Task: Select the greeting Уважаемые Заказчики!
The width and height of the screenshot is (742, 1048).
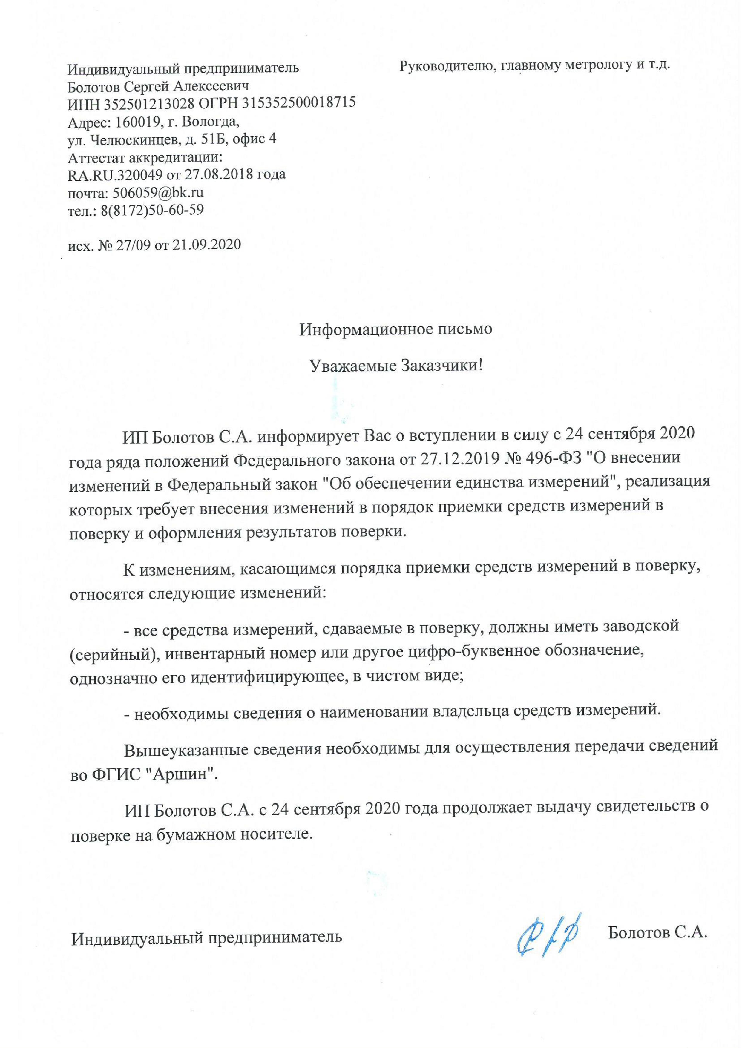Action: (396, 366)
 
